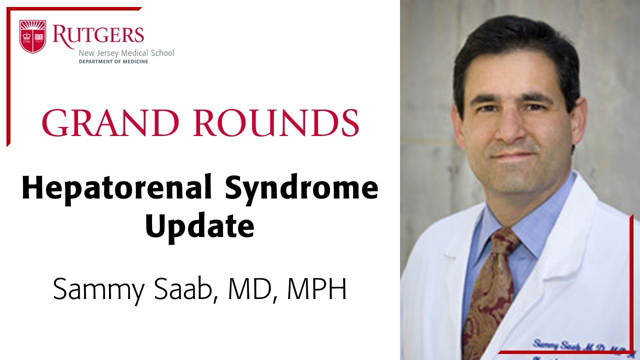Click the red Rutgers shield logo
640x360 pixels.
tap(32, 37)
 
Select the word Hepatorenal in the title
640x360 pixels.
tap(127, 190)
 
